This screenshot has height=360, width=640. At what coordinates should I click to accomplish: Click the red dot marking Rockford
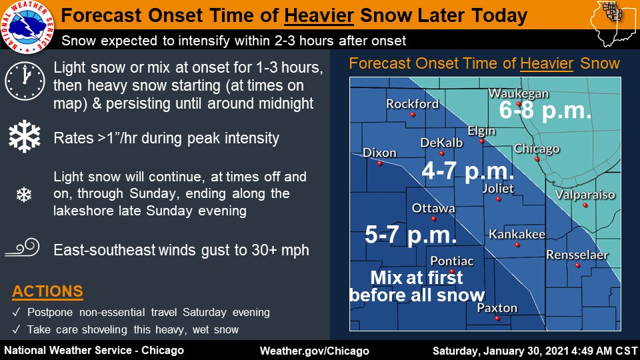(413, 115)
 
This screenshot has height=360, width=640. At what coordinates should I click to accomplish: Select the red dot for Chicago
(537, 159)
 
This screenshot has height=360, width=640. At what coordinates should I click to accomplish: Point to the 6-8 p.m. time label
(545, 110)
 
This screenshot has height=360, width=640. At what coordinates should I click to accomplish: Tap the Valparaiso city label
(585, 195)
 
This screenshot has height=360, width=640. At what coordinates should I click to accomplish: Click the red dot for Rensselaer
(578, 265)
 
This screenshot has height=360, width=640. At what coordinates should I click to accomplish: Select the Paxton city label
(497, 307)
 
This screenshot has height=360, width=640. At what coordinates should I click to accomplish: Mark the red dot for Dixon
(379, 163)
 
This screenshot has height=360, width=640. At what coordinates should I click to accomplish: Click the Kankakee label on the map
(517, 234)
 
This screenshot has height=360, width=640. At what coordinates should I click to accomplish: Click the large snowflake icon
(24, 138)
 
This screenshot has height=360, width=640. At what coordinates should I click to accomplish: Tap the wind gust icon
(24, 250)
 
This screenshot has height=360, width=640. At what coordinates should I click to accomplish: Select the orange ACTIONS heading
(47, 291)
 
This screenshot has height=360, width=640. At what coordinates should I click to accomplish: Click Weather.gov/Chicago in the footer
(314, 351)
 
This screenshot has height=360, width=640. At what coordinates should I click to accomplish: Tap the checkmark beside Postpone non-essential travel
(16, 313)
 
